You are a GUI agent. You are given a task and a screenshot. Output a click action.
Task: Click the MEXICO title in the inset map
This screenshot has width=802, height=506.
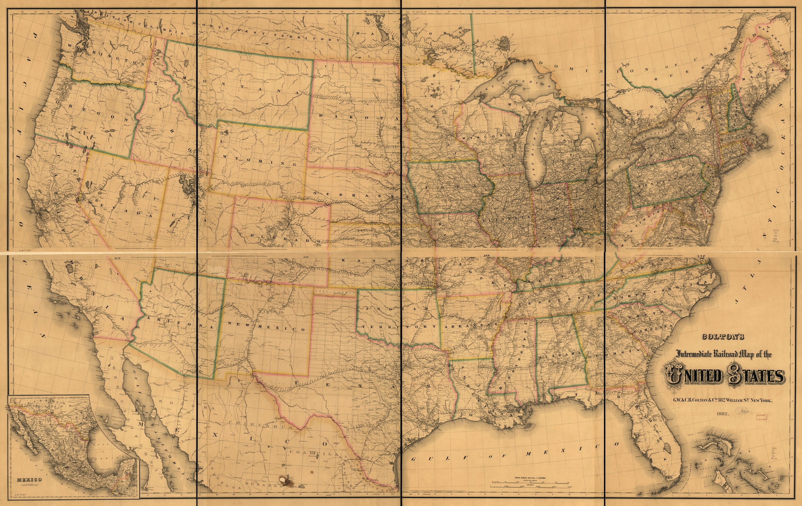(x=29, y=480)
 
